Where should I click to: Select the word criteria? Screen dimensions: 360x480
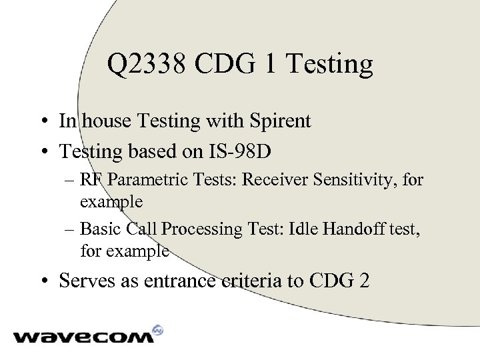click(x=247, y=280)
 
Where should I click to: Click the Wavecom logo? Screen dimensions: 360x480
click(x=83, y=335)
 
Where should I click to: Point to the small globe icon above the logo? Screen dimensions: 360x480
click(x=158, y=329)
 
